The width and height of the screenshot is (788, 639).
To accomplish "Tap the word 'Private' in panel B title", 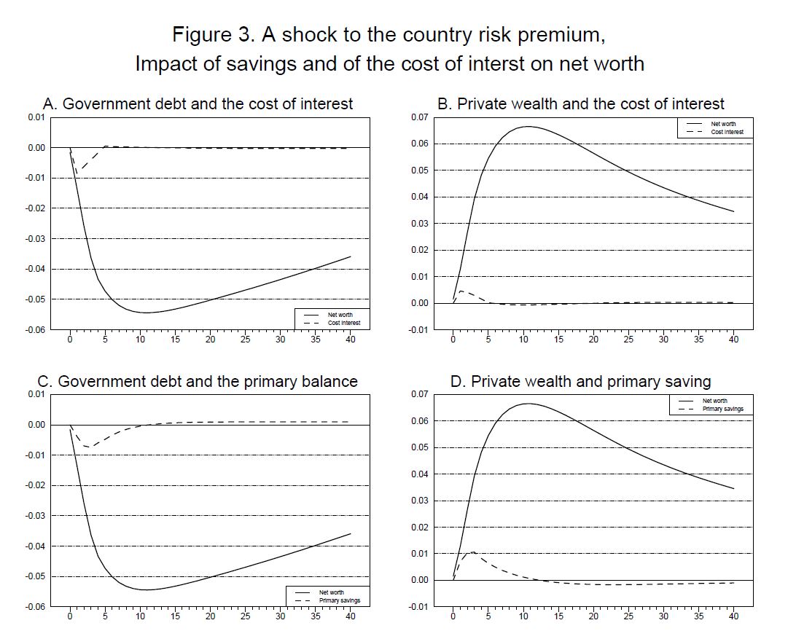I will tap(483, 103).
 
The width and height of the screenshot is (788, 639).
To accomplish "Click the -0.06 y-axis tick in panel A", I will tap(35, 330).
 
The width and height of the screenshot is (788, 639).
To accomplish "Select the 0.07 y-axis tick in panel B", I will tap(418, 117).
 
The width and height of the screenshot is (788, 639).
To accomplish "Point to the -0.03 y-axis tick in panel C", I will tap(35, 516).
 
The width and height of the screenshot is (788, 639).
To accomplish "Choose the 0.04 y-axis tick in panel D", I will tap(418, 474).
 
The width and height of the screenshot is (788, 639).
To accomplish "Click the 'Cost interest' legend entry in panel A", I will tap(344, 323).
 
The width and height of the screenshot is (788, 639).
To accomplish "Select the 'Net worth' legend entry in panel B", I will tap(723, 125).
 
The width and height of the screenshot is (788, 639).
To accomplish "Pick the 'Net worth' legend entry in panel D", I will tap(714, 401).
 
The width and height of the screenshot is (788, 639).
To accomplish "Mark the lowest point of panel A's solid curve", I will tap(146, 313).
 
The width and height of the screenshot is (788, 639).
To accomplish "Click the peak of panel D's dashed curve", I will tap(472, 552).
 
